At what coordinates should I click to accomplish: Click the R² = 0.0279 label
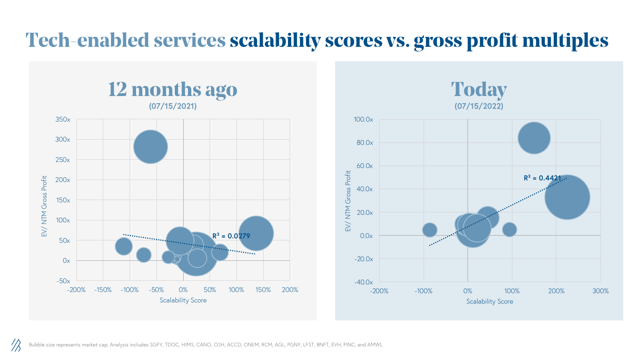231,236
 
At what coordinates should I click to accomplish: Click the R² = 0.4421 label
542,178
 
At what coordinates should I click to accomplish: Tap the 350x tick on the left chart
63,120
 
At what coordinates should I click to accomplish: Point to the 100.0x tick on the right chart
363,120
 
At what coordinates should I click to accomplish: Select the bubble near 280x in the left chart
150,147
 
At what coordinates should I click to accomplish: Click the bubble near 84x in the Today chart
534,138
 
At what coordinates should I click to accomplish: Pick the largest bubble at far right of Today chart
567,197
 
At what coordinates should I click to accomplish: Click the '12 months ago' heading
173,89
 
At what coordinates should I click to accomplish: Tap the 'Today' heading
479,89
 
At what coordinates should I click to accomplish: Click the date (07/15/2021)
173,106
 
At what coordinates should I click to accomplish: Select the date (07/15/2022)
479,106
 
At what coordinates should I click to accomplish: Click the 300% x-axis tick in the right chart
600,291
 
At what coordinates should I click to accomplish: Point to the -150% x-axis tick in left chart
103,290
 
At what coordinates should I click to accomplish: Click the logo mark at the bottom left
16,345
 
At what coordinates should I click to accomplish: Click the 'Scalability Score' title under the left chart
183,300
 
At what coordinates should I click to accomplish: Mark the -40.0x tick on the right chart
363,282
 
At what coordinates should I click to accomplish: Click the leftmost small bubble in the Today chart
430,230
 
